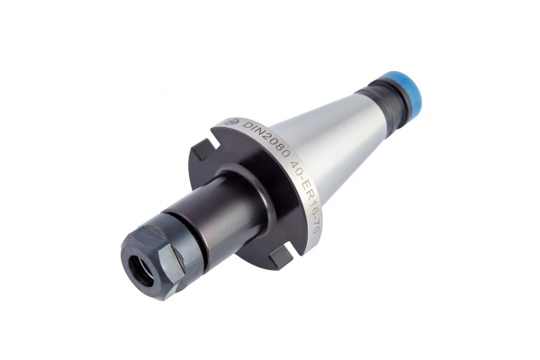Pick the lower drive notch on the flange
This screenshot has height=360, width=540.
click(280, 256)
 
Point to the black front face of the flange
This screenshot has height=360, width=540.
click(252, 180)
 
